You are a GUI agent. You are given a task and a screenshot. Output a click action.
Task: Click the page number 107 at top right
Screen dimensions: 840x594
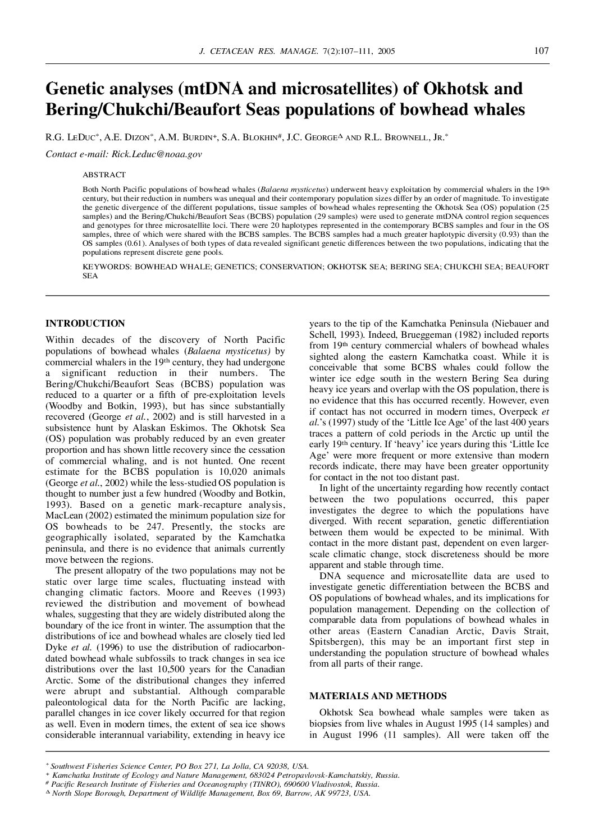point(541,51)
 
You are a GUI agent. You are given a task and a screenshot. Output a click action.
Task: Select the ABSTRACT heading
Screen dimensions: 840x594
point(104,175)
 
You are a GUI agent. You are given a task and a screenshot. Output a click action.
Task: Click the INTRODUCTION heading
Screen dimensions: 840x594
point(85,323)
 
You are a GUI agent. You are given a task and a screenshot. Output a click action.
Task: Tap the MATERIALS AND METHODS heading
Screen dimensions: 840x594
point(378,696)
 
